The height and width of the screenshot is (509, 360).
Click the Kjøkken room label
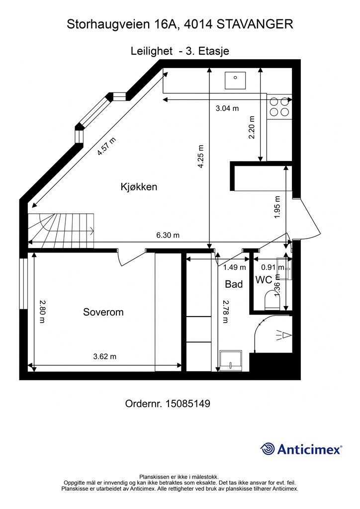[139, 187]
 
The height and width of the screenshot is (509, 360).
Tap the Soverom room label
[103, 312]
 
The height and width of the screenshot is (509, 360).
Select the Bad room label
[234, 284]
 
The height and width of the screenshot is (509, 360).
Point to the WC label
[264, 280]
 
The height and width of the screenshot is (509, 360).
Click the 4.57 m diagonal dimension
[107, 147]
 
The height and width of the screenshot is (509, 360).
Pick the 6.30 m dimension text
[168, 235]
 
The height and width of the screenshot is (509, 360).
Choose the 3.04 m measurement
[227, 108]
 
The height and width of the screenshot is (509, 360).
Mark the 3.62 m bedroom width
[104, 356]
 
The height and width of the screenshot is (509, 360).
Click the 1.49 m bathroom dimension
[234, 267]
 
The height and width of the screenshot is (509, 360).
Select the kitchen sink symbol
[235, 80]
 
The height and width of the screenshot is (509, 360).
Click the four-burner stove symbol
[279, 107]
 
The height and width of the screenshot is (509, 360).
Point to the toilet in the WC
[272, 300]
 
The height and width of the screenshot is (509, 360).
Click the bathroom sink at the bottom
[231, 360]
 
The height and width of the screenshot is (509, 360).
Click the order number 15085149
[187, 404]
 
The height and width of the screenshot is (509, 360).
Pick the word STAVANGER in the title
[255, 24]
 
